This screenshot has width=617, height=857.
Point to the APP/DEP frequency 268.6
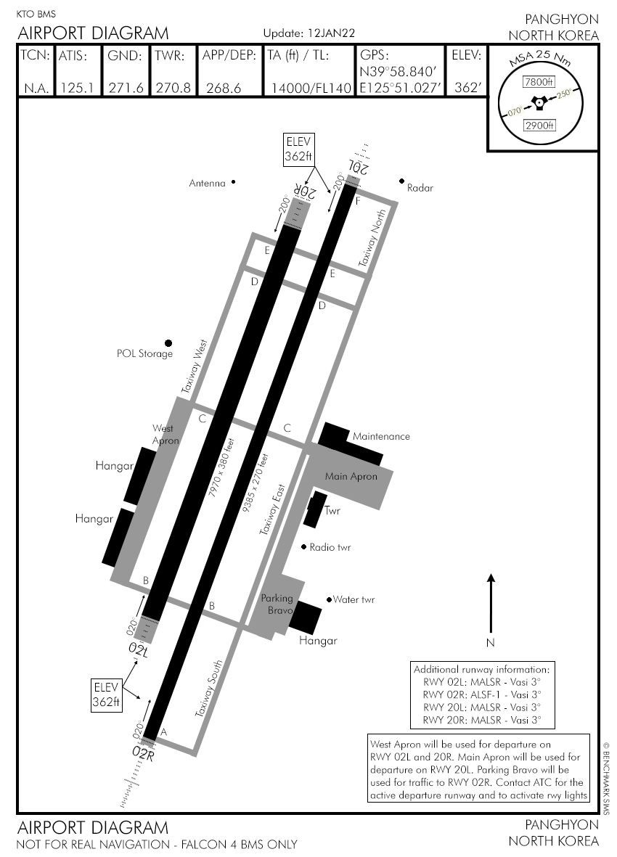pyautogui.click(x=224, y=88)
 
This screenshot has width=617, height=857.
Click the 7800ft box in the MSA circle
pyautogui.click(x=539, y=82)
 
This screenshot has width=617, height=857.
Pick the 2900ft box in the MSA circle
pyautogui.click(x=539, y=126)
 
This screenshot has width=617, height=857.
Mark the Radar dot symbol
pyautogui.click(x=401, y=181)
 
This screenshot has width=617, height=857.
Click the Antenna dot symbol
pyautogui.click(x=233, y=183)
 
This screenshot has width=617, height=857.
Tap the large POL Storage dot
pyautogui.click(x=168, y=343)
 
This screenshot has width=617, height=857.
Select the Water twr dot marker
pyautogui.click(x=329, y=599)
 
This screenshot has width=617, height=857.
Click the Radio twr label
pyautogui.click(x=330, y=547)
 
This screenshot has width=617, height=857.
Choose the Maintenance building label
pyautogui.click(x=381, y=436)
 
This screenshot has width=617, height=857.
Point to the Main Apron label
pyautogui.click(x=351, y=477)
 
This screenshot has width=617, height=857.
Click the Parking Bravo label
pyautogui.click(x=277, y=604)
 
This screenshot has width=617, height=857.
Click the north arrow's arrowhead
pyautogui.click(x=491, y=578)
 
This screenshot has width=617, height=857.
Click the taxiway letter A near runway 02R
pyautogui.click(x=163, y=732)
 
